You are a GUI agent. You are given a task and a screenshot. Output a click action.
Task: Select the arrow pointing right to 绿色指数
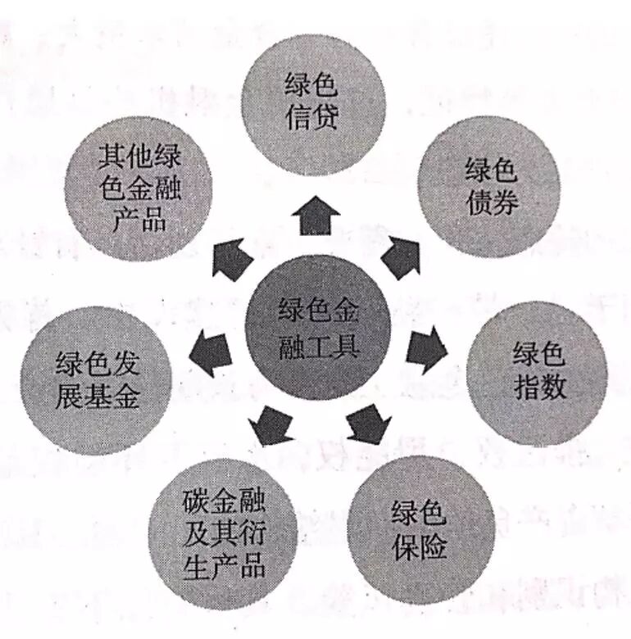(x=427, y=348)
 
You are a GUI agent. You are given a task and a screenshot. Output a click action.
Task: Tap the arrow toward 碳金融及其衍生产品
(x=268, y=425)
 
